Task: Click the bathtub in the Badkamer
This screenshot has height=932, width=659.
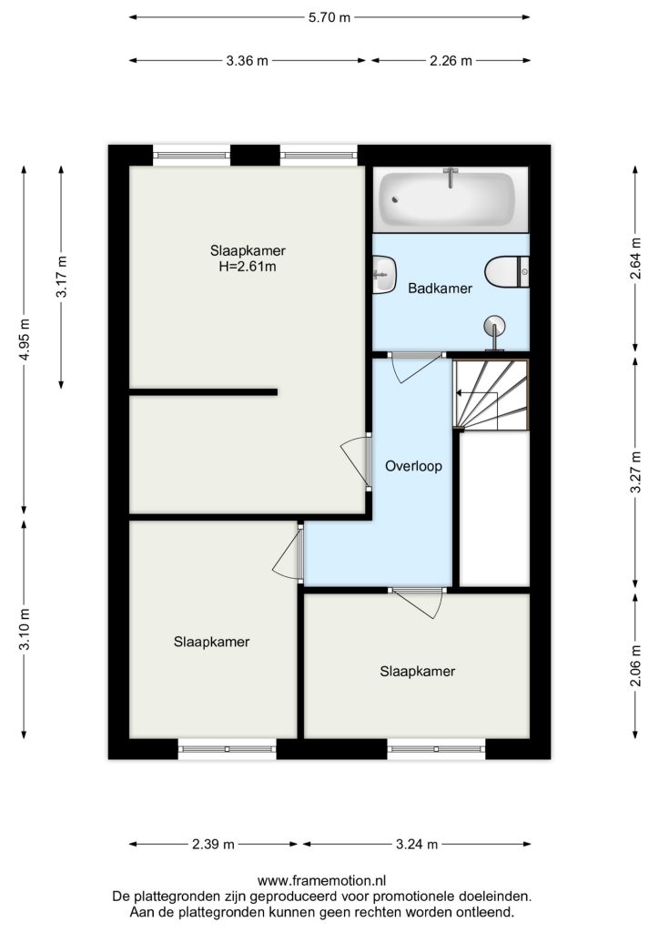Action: click(x=451, y=199)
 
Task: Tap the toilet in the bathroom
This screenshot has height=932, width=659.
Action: click(x=506, y=271)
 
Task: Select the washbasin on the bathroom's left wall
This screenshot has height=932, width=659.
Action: click(x=384, y=274)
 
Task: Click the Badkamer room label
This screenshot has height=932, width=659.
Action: click(x=440, y=289)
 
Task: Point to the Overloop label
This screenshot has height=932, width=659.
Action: click(x=413, y=466)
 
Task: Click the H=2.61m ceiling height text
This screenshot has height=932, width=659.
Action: click(x=248, y=267)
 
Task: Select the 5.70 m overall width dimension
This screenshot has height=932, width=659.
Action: click(x=329, y=17)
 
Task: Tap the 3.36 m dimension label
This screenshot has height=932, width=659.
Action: click(x=247, y=61)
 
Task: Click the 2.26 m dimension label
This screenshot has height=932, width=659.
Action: click(x=451, y=61)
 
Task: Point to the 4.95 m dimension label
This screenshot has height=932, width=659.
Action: click(x=24, y=339)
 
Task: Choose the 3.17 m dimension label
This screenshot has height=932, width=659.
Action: click(x=61, y=277)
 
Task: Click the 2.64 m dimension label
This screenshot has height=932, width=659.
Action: click(x=636, y=258)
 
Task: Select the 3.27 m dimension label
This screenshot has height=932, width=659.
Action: click(x=636, y=472)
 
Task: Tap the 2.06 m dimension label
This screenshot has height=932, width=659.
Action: click(x=636, y=665)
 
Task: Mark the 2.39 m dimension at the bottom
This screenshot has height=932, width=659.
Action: click(x=213, y=844)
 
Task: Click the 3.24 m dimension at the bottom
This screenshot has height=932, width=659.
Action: click(x=417, y=844)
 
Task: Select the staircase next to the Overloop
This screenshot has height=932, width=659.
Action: click(x=491, y=395)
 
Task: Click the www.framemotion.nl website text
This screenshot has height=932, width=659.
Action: click(x=321, y=880)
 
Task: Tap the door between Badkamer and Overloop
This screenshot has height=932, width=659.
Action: click(x=416, y=356)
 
